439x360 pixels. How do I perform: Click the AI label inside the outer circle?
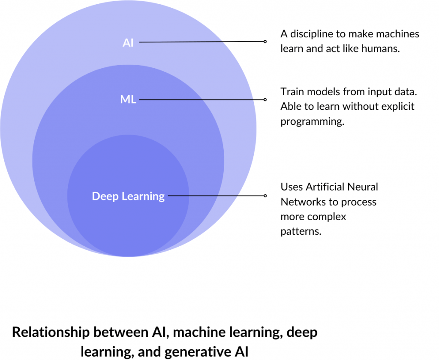(x=128, y=43)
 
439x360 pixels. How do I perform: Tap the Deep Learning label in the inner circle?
(x=128, y=196)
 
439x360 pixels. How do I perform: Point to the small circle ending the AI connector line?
(x=265, y=42)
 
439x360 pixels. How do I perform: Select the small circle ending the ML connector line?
(x=265, y=100)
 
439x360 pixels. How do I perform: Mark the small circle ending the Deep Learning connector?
(x=265, y=196)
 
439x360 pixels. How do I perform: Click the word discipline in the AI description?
(x=310, y=33)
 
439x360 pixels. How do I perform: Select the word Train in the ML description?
(x=292, y=91)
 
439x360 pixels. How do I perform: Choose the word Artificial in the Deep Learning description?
(x=326, y=187)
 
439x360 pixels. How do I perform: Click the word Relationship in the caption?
(x=51, y=333)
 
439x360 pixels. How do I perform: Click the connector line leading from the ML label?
(x=201, y=100)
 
